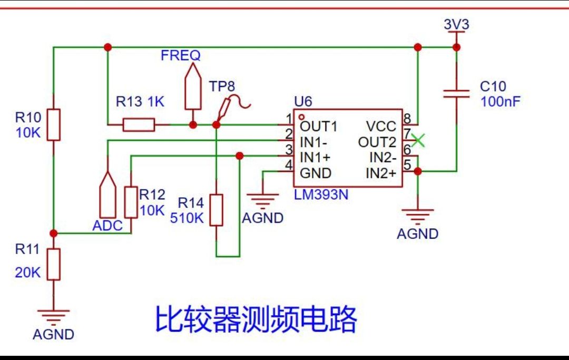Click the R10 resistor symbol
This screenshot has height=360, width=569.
pyautogui.click(x=53, y=125)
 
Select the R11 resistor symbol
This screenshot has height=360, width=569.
pyautogui.click(x=53, y=265)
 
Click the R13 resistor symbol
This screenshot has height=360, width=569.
pyautogui.click(x=139, y=125)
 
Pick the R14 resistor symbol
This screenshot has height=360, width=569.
pyautogui.click(x=217, y=210)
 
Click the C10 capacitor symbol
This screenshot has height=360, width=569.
pyautogui.click(x=456, y=94)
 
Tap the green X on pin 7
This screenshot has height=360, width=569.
pyautogui.click(x=418, y=140)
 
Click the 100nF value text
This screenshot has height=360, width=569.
pyautogui.click(x=500, y=101)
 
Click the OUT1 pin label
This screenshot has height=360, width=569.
pyautogui.click(x=319, y=127)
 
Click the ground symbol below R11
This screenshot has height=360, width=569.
pyautogui.click(x=53, y=316)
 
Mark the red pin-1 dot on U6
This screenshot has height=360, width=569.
pyautogui.click(x=301, y=117)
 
